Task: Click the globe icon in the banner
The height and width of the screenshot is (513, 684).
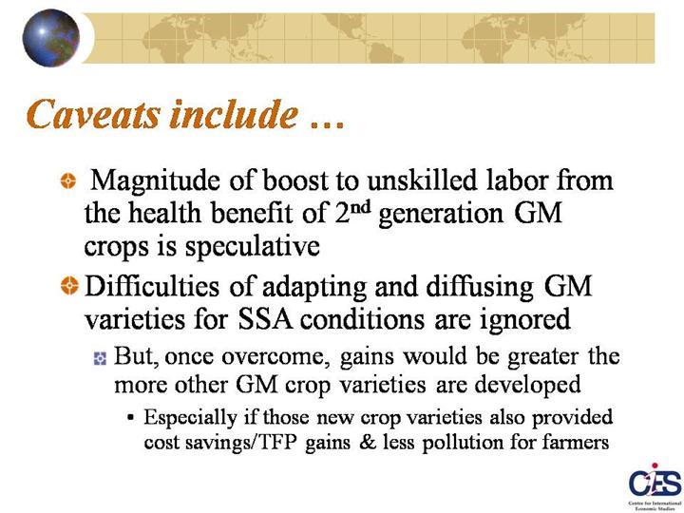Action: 51,38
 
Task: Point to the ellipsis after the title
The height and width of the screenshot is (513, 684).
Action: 328,125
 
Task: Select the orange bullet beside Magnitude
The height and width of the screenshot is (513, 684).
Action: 68,180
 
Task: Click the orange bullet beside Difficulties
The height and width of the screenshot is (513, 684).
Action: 69,286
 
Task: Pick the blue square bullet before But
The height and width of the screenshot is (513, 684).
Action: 100,358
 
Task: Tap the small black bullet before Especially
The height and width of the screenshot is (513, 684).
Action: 130,417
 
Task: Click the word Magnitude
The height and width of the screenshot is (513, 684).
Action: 155,181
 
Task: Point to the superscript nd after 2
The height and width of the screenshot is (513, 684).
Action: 361,207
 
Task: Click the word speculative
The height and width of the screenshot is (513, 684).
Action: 252,247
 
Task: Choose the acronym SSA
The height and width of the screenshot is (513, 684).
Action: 265,319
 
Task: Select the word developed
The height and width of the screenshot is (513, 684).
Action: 527,386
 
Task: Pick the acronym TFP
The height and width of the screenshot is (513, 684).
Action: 278,443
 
